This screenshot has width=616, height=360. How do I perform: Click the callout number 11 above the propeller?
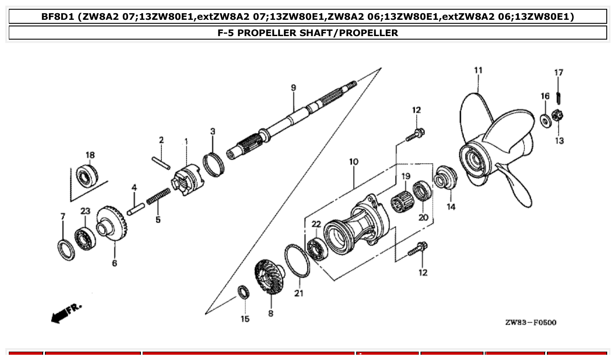pyautogui.click(x=478, y=70)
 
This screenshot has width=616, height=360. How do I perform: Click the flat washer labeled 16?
pyautogui.click(x=545, y=120)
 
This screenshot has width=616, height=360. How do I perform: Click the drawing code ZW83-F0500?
pyautogui.click(x=531, y=323)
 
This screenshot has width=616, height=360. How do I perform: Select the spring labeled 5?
pyautogui.click(x=158, y=196)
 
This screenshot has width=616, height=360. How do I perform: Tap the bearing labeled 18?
pyautogui.click(x=86, y=176)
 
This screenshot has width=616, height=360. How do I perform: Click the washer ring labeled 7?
pyautogui.click(x=66, y=250)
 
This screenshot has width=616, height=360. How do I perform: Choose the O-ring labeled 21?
pyautogui.click(x=297, y=261)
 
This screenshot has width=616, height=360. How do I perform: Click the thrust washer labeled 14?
pyautogui.click(x=446, y=178)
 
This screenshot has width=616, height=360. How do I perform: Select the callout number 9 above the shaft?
pyautogui.click(x=293, y=88)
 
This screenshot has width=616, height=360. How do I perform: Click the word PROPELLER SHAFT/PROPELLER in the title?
pyautogui.click(x=308, y=33)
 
